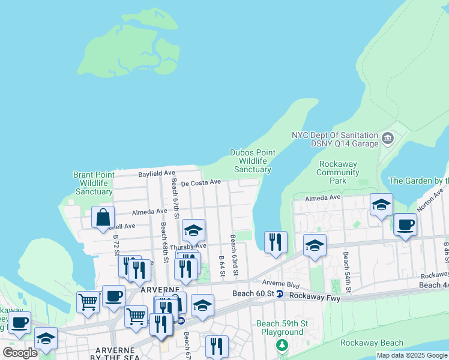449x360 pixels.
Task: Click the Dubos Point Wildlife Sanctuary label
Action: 253,161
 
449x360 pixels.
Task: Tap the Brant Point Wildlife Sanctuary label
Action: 94,183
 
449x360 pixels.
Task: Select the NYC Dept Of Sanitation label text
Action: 335,136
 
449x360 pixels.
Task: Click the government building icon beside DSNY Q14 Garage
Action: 388,139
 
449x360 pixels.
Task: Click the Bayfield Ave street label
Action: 156,173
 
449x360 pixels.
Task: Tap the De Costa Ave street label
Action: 202,182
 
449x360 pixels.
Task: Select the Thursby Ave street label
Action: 188,246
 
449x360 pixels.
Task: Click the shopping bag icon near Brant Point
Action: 103,217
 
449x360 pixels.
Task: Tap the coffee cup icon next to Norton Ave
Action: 405,224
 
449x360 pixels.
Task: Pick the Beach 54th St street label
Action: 346,268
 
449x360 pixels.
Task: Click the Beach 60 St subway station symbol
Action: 280,294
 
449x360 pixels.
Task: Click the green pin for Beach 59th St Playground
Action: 282,345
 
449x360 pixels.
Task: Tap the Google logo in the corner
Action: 20,352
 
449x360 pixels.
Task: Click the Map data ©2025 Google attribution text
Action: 412,355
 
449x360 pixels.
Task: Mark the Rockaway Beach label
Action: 372,343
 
